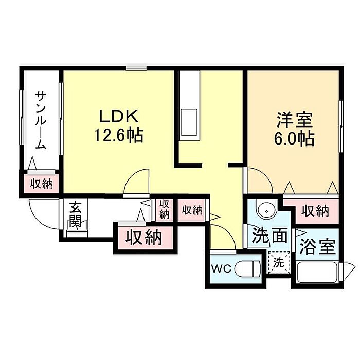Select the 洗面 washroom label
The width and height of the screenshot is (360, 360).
click(x=269, y=236)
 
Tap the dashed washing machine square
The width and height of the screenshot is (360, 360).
click(x=278, y=263)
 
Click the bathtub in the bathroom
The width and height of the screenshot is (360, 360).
click(x=317, y=272)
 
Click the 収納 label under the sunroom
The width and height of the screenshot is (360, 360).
click(x=41, y=184)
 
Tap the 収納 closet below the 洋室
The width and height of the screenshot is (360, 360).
click(x=315, y=210)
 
